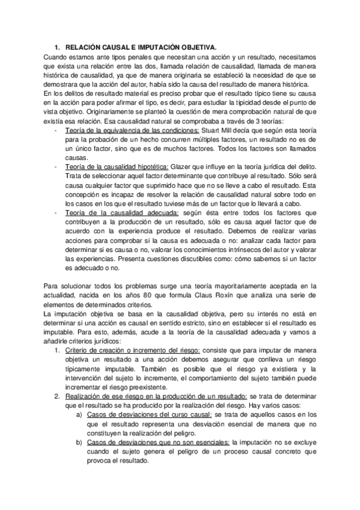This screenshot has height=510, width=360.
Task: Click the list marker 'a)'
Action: tap(79, 415)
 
